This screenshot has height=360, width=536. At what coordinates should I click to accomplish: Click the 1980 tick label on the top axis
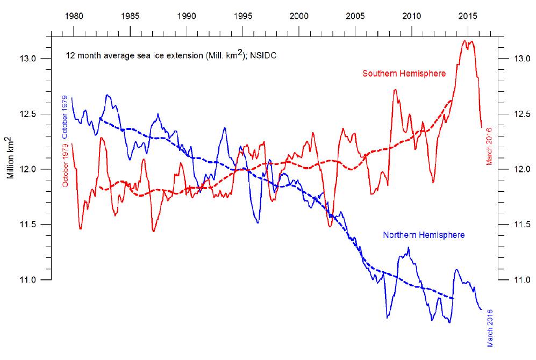(74, 16)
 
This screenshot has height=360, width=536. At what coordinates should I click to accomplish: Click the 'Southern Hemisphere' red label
(404, 74)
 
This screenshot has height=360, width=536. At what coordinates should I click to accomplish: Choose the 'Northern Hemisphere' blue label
(424, 235)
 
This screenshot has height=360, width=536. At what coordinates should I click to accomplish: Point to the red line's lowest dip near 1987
(154, 232)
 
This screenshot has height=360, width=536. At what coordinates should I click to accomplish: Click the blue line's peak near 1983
(108, 95)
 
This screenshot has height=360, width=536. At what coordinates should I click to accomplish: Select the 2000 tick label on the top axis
(299, 16)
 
